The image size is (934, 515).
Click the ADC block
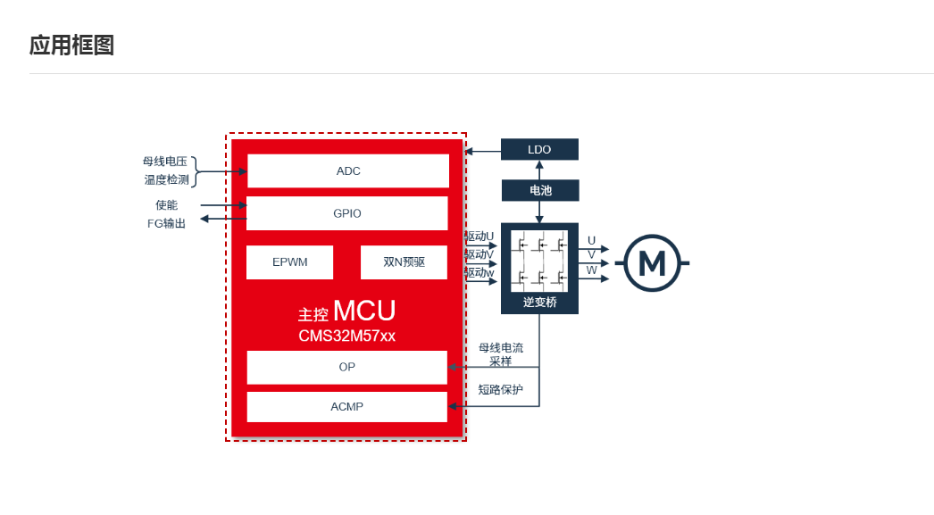click(347, 170)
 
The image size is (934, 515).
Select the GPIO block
click(346, 213)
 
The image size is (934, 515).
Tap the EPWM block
click(289, 262)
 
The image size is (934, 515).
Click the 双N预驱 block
click(404, 262)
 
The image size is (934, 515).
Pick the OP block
click(346, 367)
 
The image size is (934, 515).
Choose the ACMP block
click(346, 407)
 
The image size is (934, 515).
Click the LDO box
click(539, 149)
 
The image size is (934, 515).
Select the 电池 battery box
click(539, 190)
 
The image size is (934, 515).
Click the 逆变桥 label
click(539, 303)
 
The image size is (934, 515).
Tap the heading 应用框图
click(71, 45)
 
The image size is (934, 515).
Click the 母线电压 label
click(165, 162)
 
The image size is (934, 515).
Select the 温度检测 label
click(166, 179)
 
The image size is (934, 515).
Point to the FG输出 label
click(166, 223)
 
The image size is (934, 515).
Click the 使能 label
click(166, 205)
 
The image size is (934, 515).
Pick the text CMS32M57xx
click(346, 336)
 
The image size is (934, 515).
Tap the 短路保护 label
click(500, 389)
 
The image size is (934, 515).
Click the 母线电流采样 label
click(500, 354)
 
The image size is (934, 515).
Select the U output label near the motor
click(591, 240)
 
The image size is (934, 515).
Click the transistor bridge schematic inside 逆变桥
click(539, 261)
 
